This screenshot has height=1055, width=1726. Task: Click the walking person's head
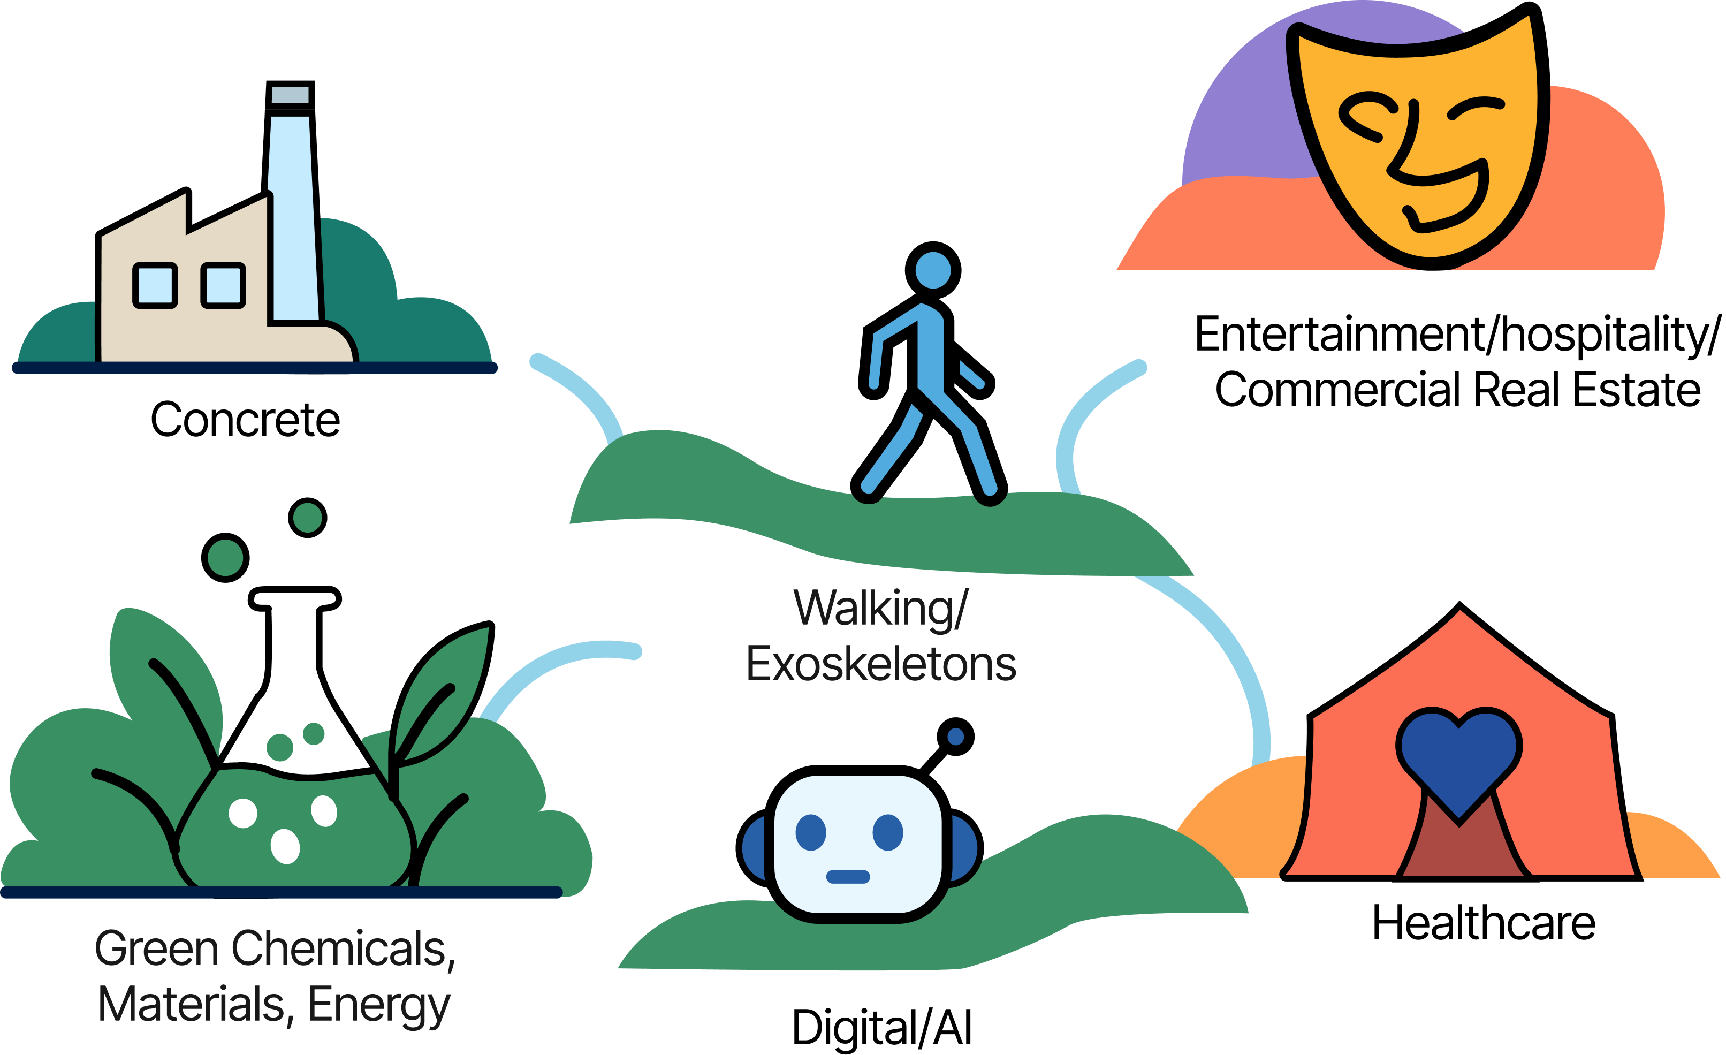pos(933,270)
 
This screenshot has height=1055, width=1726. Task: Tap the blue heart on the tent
pos(1458,761)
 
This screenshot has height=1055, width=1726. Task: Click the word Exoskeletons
pos(881,664)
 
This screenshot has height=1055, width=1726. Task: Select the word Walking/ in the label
pos(881,608)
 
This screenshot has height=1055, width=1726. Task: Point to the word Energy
pos(379,1006)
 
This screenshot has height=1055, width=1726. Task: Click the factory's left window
pos(155,285)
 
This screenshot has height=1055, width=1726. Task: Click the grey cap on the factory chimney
pos(290,95)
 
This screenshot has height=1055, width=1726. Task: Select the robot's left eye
pos(811,833)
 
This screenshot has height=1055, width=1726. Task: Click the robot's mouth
pos(848,876)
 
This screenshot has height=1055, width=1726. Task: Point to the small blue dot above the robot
pos(955,737)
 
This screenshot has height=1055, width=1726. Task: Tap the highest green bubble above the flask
pos(308,518)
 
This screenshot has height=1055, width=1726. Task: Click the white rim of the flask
pos(295,599)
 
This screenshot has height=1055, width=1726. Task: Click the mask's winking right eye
pos(1477,109)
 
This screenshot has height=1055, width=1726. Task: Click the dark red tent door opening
pos(1460,851)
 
